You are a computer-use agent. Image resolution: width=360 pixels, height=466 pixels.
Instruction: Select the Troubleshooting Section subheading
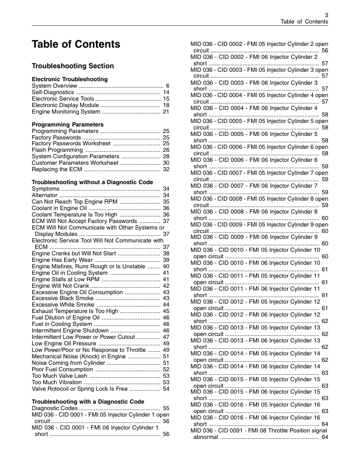(72, 66)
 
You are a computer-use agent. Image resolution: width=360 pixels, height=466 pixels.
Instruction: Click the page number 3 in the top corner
(326, 14)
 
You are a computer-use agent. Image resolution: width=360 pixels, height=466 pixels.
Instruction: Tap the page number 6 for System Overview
(168, 86)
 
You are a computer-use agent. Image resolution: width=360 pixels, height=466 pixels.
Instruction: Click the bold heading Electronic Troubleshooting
(69, 79)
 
